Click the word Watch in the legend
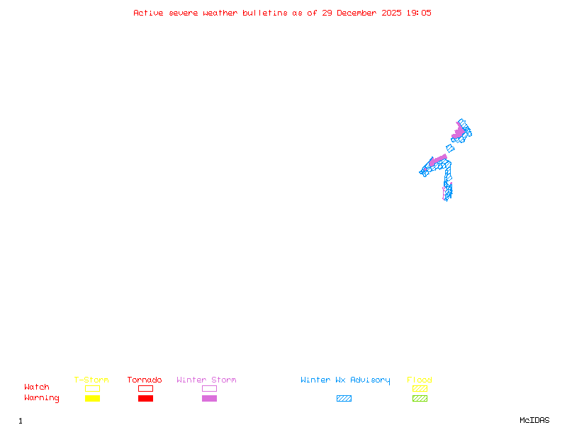click(x=37, y=387)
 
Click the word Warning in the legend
click(x=42, y=398)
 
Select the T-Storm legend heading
click(x=91, y=380)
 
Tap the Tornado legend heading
click(x=145, y=380)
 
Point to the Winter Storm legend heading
click(x=206, y=380)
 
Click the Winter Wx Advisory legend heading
click(x=345, y=380)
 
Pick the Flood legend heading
click(x=420, y=380)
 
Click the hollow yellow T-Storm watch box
click(x=92, y=388)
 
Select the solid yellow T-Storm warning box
click(x=92, y=398)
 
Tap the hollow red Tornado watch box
click(x=145, y=388)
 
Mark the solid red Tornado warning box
click(x=145, y=398)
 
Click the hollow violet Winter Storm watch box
click(x=209, y=388)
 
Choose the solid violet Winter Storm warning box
click(x=209, y=398)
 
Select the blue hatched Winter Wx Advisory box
click(x=344, y=398)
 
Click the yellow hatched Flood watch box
click(x=420, y=388)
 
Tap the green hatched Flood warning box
click(x=420, y=398)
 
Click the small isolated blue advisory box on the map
click(x=450, y=149)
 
